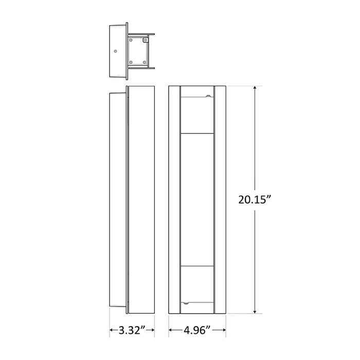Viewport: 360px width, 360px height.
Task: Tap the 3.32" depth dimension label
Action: (133, 329)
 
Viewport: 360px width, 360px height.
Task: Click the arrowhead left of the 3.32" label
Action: (112, 329)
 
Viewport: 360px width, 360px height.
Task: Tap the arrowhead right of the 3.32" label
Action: (153, 329)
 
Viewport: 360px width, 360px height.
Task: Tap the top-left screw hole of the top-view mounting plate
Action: (132, 40)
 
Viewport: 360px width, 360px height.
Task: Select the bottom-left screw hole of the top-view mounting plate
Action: (132, 62)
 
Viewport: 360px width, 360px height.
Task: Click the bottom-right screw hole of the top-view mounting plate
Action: (146, 62)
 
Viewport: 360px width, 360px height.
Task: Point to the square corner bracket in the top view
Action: (146, 39)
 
